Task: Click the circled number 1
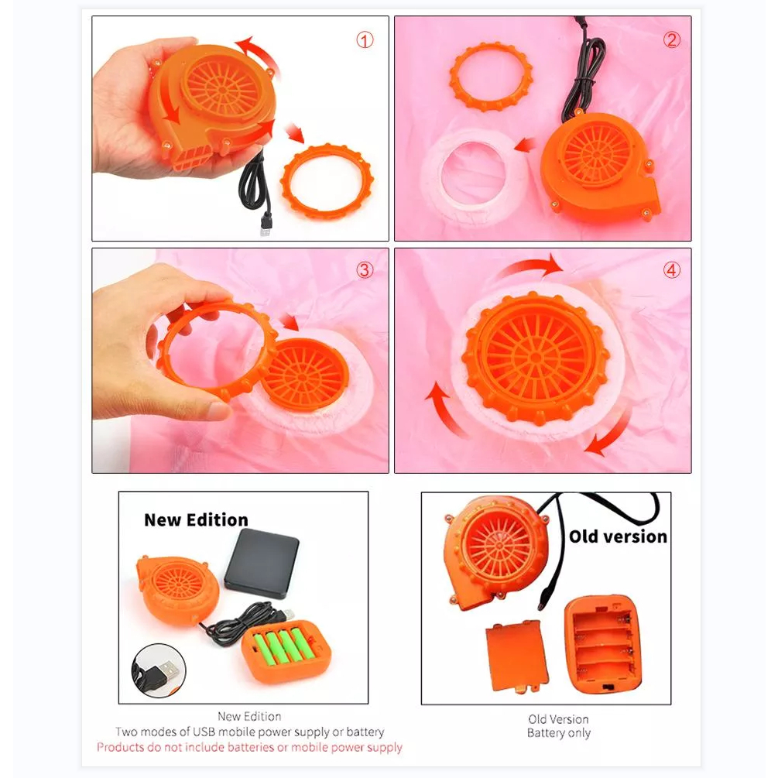365,40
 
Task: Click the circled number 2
672,39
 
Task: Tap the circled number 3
365,270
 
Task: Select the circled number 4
672,270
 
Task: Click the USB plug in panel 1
266,224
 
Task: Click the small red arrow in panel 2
525,145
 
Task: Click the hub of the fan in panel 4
536,357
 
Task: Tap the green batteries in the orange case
284,646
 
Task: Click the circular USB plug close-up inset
159,671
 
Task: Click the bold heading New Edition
196,520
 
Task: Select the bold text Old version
618,536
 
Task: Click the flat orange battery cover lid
516,657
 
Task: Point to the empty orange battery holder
603,645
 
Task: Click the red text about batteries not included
249,747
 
